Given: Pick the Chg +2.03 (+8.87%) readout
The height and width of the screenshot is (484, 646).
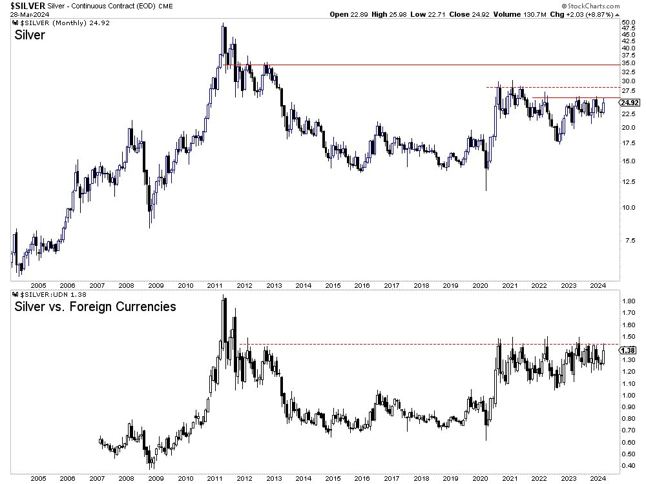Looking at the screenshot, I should tap(587, 14).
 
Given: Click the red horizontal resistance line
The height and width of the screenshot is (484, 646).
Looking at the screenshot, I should tap(420, 65).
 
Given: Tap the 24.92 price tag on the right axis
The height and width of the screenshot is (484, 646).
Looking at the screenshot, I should tap(629, 103).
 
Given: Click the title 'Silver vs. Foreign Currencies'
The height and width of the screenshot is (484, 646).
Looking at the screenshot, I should tap(95, 307).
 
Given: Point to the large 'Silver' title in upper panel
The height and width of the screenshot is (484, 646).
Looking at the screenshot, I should tap(30, 35).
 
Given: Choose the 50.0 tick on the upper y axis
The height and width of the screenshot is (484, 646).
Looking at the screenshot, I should tap(628, 23).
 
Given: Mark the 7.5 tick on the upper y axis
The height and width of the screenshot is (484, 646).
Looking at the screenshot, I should tap(626, 241).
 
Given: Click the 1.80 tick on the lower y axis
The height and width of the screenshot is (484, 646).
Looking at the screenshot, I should tap(627, 301).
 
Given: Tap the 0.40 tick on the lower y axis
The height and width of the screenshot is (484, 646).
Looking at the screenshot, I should tap(627, 465).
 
